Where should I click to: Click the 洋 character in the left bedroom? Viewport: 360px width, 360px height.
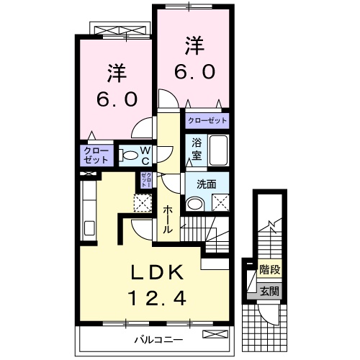pyautogui.click(x=117, y=73)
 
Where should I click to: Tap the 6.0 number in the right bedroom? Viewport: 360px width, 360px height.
pyautogui.click(x=192, y=73)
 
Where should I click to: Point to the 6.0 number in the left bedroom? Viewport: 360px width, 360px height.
pyautogui.click(x=117, y=99)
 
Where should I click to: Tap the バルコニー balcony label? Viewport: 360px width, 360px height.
pyautogui.click(x=158, y=338)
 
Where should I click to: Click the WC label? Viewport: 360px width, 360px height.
pyautogui.click(x=144, y=154)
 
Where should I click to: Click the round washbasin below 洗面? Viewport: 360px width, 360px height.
pyautogui.click(x=193, y=204)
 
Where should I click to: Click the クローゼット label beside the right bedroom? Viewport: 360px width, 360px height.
pyautogui.click(x=207, y=121)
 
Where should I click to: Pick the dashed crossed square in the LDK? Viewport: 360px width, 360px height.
pyautogui.click(x=143, y=204)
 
